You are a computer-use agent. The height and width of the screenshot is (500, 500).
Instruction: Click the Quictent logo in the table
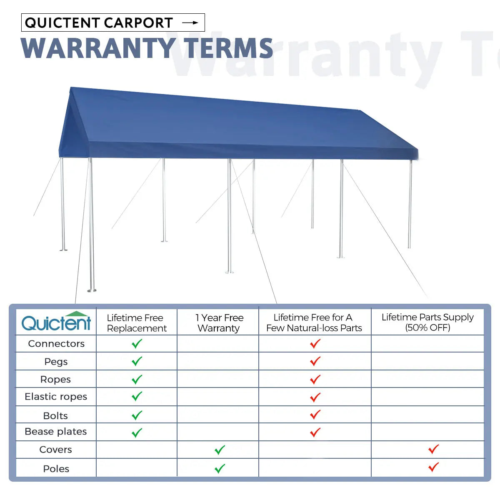(56, 322)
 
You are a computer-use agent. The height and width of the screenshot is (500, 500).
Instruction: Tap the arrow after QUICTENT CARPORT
(190, 23)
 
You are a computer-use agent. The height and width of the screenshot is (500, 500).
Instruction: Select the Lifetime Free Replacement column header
(136, 323)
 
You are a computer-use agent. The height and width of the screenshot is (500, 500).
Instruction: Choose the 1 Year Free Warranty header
(219, 323)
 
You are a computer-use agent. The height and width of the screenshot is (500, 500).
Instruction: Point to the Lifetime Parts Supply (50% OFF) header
(427, 322)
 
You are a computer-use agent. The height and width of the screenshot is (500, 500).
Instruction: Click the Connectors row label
(56, 344)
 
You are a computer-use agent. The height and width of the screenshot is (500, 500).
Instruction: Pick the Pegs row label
(56, 362)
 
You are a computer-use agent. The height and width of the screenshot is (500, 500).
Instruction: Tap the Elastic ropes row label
(56, 397)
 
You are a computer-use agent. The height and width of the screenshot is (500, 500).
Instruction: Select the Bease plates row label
(56, 432)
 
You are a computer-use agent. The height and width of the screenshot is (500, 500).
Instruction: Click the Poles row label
(56, 469)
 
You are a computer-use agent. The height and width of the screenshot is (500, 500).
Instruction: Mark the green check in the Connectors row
(137, 344)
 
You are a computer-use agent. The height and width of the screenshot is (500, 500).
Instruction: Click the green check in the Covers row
(220, 450)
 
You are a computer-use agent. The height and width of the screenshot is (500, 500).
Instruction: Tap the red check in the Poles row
(433, 467)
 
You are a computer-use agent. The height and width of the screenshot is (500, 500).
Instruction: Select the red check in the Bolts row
(315, 415)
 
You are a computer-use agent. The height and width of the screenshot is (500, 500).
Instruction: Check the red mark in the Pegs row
(315, 361)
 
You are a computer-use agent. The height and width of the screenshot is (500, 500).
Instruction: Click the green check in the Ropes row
(137, 380)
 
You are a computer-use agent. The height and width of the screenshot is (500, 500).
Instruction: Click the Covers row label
(55, 450)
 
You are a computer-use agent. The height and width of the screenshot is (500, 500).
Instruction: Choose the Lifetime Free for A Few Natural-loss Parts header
(314, 323)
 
